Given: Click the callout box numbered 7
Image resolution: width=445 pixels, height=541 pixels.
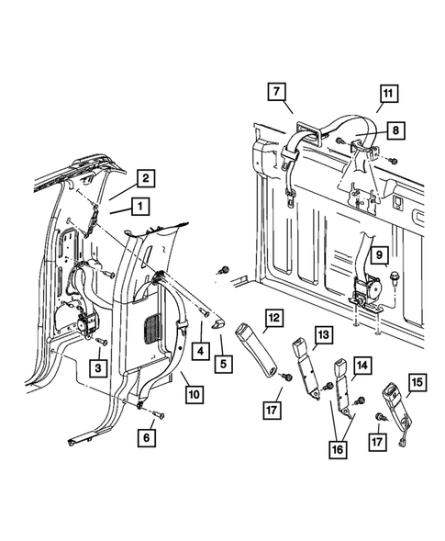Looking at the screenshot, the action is click(x=277, y=92).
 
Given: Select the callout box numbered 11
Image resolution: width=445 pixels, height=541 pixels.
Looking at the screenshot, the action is click(x=389, y=94).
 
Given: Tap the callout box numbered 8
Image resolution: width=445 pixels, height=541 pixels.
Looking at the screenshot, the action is click(x=395, y=130).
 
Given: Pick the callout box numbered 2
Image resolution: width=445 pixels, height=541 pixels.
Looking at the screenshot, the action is click(x=146, y=178).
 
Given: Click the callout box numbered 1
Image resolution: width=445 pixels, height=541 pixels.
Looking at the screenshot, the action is click(x=140, y=207).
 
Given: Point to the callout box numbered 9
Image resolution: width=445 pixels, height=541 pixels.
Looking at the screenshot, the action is click(x=380, y=255).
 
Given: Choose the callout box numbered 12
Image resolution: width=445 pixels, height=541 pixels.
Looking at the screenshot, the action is click(x=274, y=318).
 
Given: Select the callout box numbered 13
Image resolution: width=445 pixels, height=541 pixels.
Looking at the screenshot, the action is click(x=324, y=334).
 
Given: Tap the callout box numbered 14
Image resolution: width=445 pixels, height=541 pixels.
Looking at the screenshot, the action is click(x=362, y=366).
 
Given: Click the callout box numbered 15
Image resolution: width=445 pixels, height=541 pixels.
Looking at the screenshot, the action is click(x=417, y=382).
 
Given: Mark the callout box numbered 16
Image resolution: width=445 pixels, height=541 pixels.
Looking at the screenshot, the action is click(x=338, y=449).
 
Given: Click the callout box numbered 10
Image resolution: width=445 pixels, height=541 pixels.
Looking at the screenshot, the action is click(x=195, y=394).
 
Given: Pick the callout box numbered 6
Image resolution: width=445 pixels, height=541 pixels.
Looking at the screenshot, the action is click(x=147, y=438).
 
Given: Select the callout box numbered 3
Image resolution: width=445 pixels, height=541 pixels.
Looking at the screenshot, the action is click(x=98, y=367).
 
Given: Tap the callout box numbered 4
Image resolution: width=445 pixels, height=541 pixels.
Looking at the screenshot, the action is click(x=201, y=351).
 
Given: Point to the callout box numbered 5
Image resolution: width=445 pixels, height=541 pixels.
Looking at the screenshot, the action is click(x=223, y=364).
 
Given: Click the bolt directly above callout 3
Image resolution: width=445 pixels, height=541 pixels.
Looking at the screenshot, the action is click(x=101, y=341).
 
